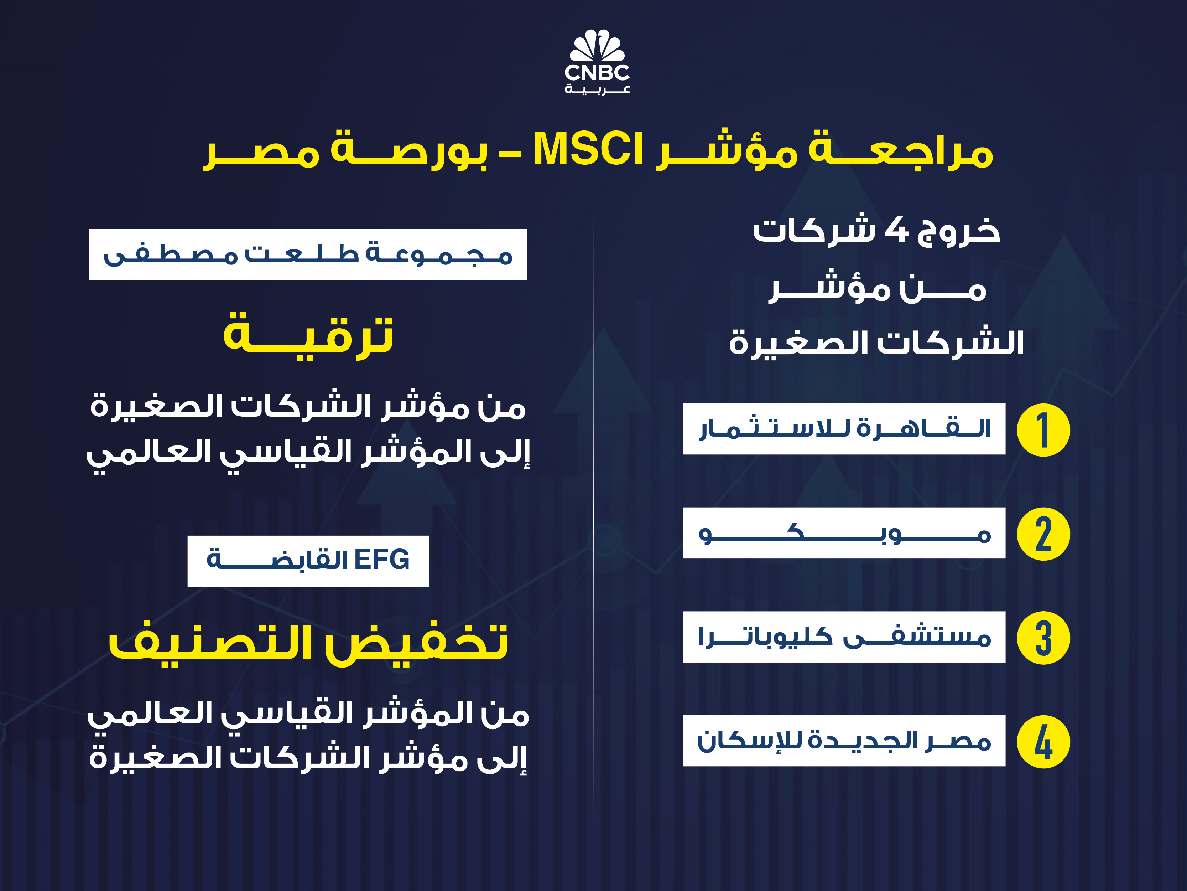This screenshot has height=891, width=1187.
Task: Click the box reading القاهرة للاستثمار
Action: click(x=844, y=429)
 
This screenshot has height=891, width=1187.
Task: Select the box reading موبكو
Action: click(x=844, y=533)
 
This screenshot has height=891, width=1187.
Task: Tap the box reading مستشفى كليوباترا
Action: click(x=844, y=637)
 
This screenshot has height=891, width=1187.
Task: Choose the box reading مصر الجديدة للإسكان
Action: click(x=844, y=741)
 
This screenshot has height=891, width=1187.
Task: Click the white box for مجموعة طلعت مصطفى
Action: click(x=308, y=254)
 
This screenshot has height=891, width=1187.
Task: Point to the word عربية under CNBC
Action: click(x=597, y=89)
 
